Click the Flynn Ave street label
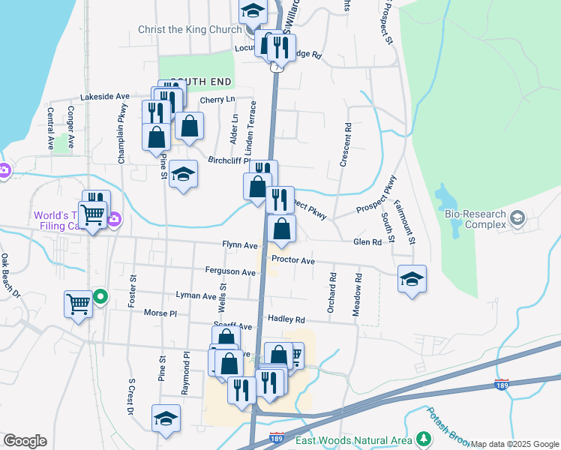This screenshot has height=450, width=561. [x=240, y=245]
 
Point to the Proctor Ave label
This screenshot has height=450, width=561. [x=292, y=260]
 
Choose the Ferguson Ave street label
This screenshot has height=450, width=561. [x=231, y=271]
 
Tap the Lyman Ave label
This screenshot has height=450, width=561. [x=196, y=296]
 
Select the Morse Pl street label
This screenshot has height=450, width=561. [x=160, y=313]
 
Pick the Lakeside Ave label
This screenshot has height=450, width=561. [x=105, y=97]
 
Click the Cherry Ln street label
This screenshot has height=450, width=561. [x=217, y=100]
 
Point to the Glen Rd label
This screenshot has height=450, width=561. [x=367, y=242]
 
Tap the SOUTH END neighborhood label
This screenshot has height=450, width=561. [x=199, y=81]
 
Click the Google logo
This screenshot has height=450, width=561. [x=25, y=441]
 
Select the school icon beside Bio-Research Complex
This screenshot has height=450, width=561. [x=517, y=218]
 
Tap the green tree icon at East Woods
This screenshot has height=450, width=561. [x=424, y=439]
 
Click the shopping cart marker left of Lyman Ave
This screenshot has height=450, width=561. [x=78, y=304]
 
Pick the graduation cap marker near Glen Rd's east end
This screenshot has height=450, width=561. [x=412, y=279]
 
